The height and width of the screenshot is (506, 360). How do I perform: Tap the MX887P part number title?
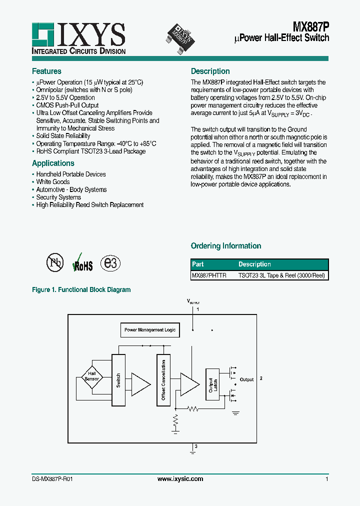pos(310,27)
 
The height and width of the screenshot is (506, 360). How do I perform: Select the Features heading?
pos(46,71)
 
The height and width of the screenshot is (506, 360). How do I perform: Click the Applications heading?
pos(53,163)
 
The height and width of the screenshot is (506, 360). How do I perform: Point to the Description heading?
pos(210,71)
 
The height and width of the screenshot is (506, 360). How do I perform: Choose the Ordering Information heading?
pos(226,246)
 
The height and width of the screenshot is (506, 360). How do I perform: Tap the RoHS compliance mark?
pos(83,264)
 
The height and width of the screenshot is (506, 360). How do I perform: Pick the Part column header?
pos(198,264)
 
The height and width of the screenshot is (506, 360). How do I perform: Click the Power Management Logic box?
pos(150,330)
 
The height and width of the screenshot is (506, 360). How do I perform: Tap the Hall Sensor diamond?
pos(92,376)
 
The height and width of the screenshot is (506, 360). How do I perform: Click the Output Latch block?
pos(212,384)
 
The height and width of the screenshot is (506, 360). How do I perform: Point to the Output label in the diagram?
pos(246,379)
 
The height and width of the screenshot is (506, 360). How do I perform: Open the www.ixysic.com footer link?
pos(180,479)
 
